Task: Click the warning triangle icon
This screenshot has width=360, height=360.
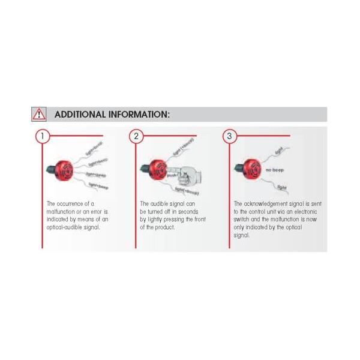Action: click(x=39, y=114)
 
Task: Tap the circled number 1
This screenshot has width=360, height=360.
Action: click(x=42, y=136)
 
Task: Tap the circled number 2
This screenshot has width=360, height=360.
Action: click(x=136, y=136)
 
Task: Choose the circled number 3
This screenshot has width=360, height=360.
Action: click(x=230, y=136)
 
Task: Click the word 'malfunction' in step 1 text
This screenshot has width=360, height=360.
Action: click(x=63, y=212)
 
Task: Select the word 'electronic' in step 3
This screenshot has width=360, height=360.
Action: click(x=303, y=212)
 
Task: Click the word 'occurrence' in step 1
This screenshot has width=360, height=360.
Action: click(x=69, y=204)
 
